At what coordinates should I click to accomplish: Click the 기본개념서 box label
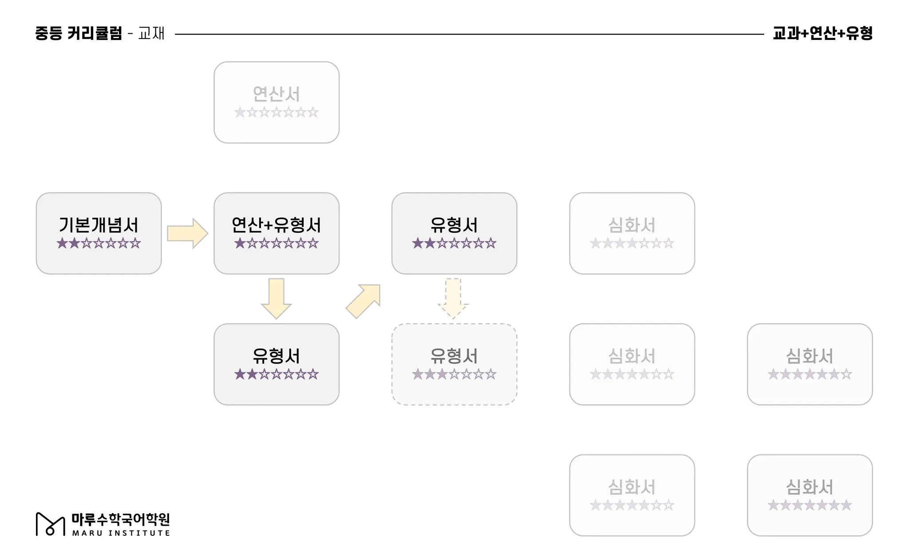pos(99,225)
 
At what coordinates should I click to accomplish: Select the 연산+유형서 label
pos(276,225)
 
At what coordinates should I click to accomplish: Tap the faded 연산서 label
pos(276,94)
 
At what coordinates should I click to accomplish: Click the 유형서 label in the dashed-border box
pos(454,356)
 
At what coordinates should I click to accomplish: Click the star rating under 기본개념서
pos(99,244)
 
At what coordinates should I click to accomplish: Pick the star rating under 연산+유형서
pos(276,244)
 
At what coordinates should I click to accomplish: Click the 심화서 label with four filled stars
pos(632,225)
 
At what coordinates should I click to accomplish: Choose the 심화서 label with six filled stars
pos(810,356)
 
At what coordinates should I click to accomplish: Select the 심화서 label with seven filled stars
pos(810,487)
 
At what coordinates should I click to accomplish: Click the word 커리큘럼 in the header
pos(95,33)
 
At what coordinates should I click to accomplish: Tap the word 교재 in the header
pos(151,33)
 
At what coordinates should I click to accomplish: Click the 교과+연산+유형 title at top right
pos(822,33)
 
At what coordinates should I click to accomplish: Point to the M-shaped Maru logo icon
pos(50,524)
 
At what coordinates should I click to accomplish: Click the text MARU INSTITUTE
pos(121,533)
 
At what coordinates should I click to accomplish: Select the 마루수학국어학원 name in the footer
pos(121,519)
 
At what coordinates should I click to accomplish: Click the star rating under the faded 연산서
pos(276,112)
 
